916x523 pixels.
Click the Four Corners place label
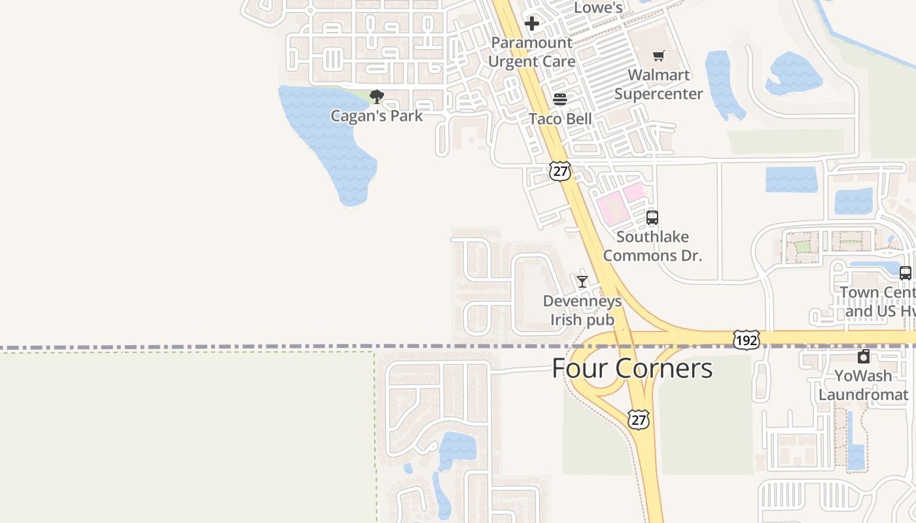(x=632, y=368)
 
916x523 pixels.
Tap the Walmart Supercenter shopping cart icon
(x=658, y=56)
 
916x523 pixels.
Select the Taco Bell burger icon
(x=560, y=99)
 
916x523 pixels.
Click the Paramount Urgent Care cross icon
(x=532, y=24)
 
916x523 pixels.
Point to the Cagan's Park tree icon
(x=376, y=97)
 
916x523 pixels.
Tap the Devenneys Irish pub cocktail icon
(x=582, y=282)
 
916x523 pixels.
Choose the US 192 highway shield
(x=747, y=340)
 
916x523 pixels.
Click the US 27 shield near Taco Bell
(x=560, y=172)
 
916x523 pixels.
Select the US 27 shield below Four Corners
(x=639, y=419)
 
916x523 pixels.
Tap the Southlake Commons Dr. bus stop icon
(x=652, y=218)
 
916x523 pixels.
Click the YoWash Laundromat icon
(x=864, y=356)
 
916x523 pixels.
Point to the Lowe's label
(x=598, y=8)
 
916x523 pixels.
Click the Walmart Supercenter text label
(x=658, y=84)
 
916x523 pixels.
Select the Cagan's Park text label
(x=376, y=116)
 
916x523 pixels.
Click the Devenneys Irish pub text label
(x=582, y=311)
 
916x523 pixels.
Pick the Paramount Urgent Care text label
(x=532, y=52)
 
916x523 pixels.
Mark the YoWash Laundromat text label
(x=864, y=385)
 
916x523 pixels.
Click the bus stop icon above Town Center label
(x=906, y=273)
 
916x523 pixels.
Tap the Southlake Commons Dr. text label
(x=652, y=246)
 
